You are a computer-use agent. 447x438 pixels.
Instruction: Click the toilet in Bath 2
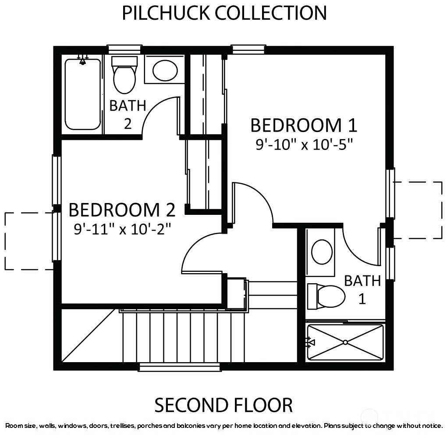[x=124, y=75]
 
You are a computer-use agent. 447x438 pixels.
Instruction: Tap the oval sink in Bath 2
[x=165, y=71]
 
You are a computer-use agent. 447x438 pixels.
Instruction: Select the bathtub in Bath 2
[x=83, y=94]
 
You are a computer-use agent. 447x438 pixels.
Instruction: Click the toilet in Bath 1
[x=326, y=296]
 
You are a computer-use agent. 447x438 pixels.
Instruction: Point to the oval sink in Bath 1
[x=322, y=252]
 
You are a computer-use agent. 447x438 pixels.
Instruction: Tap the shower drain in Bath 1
[x=345, y=342]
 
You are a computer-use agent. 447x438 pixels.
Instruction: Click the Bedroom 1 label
[x=304, y=125]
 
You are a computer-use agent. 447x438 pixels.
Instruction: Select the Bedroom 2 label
[x=122, y=210]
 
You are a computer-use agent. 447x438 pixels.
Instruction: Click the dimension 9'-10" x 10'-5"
[x=304, y=144]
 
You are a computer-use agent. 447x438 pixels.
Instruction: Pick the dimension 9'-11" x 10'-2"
[x=122, y=229]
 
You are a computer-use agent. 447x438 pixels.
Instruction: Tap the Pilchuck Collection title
[x=224, y=13]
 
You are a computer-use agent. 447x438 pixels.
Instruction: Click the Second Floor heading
[x=223, y=405]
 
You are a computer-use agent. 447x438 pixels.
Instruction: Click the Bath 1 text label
[x=362, y=290]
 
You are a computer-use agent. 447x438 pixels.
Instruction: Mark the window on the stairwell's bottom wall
[x=180, y=367]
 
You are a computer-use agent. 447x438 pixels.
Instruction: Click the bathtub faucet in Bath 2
[x=83, y=60]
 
